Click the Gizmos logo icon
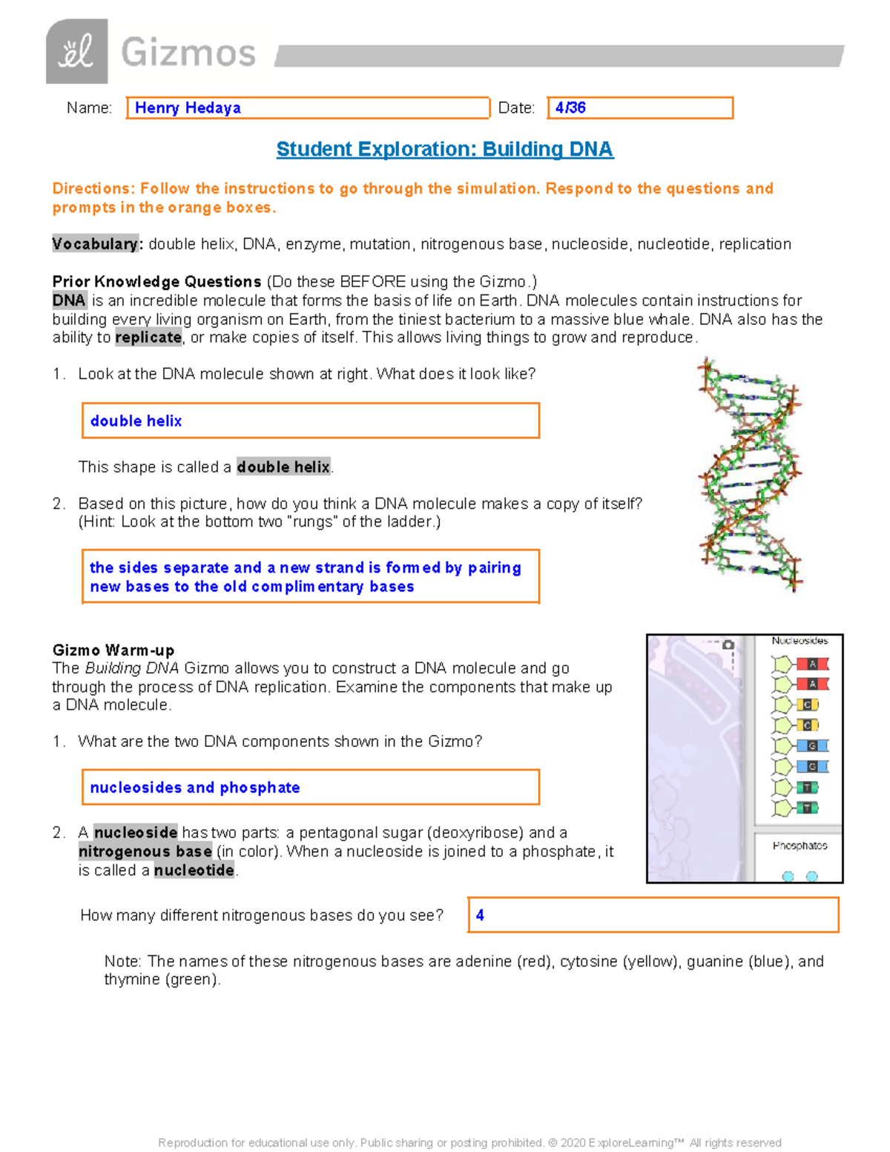coord(76,52)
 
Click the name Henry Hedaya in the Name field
coord(188,108)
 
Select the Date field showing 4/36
coord(639,108)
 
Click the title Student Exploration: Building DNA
coord(444,149)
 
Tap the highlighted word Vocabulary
coord(95,244)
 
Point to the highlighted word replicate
coord(148,338)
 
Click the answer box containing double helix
coord(310,421)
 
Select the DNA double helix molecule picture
coord(750,475)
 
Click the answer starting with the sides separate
coord(310,577)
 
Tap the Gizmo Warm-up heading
coord(113,651)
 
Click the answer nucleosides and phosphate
coord(310,787)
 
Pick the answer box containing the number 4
coord(653,915)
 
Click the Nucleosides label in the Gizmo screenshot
coord(800,641)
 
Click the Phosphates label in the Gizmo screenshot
coord(800,846)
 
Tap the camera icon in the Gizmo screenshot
coord(728,645)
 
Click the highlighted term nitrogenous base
coord(145,852)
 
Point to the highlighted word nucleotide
coord(194,870)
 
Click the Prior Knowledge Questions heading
coord(156,282)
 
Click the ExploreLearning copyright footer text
coord(469,1142)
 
